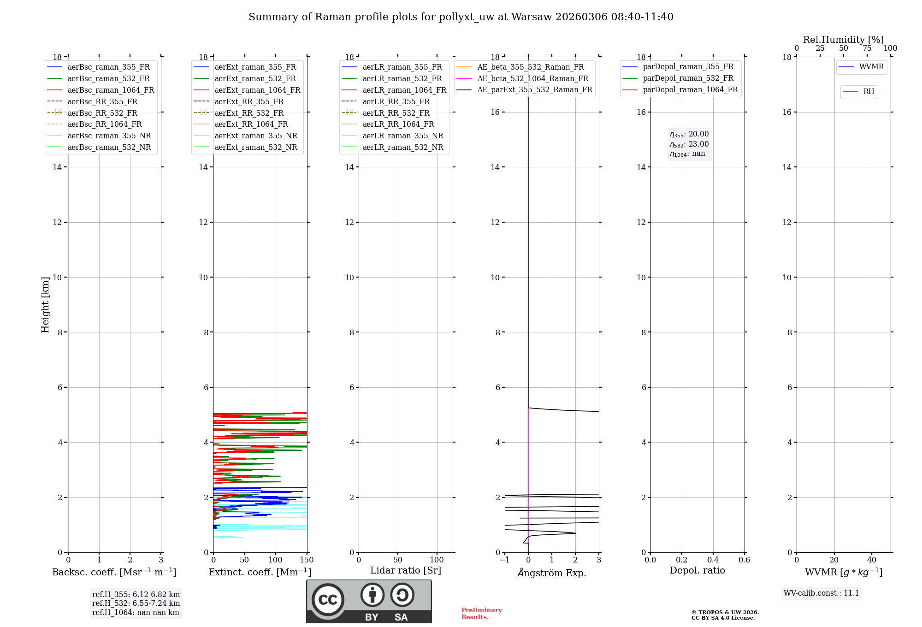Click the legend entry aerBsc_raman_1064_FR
pos(111,90)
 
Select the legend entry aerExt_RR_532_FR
pos(249,113)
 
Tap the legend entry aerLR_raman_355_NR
pos(402,136)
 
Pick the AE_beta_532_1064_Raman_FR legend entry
pos(532,79)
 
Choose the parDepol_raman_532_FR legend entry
pos(688,78)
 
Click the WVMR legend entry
pos(871,67)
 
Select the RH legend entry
pos(869,92)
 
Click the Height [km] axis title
pos(45,305)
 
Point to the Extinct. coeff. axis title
pos(260,572)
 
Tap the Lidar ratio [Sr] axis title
pos(406,570)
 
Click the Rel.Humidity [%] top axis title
pos(843,40)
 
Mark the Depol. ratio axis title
pos(697,570)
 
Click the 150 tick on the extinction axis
pos(307,560)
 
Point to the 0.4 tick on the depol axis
pos(713,560)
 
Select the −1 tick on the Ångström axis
pos(505,560)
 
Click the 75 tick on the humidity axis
pos(867,48)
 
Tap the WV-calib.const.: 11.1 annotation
pos(822,593)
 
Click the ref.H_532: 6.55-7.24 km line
pos(136,603)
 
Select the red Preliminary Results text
pos(481,614)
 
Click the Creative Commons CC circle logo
pos(328,600)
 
